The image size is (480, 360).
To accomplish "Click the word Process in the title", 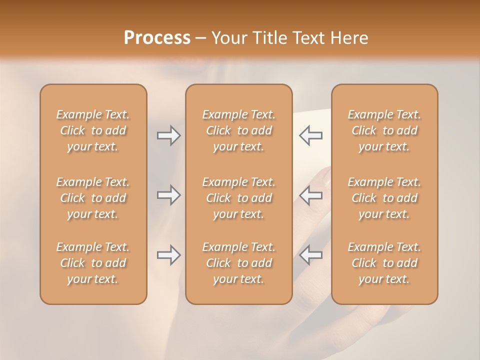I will point(157,38).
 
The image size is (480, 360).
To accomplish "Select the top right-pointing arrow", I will point(168,135).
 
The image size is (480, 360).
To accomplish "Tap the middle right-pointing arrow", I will point(168,195).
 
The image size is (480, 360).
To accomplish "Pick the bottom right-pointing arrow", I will point(168,255).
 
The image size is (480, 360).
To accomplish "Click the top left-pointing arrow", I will point(310,135).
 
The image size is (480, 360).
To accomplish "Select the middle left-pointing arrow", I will point(310,195).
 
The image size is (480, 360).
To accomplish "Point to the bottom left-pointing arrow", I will point(310,255).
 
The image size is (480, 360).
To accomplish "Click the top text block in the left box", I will point(93,130).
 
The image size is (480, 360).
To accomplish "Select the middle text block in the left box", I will point(93,198).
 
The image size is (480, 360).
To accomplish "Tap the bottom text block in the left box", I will point(93,263).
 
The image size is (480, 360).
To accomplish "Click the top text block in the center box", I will point(238,130).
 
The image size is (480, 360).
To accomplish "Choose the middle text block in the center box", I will point(238,198).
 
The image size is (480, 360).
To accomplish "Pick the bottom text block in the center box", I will point(238,263).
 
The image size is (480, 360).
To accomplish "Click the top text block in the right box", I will point(384,130).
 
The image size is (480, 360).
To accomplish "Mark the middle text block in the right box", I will point(384,198).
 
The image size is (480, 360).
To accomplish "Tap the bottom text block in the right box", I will point(384,263).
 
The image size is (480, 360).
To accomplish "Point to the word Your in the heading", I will point(227,38).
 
